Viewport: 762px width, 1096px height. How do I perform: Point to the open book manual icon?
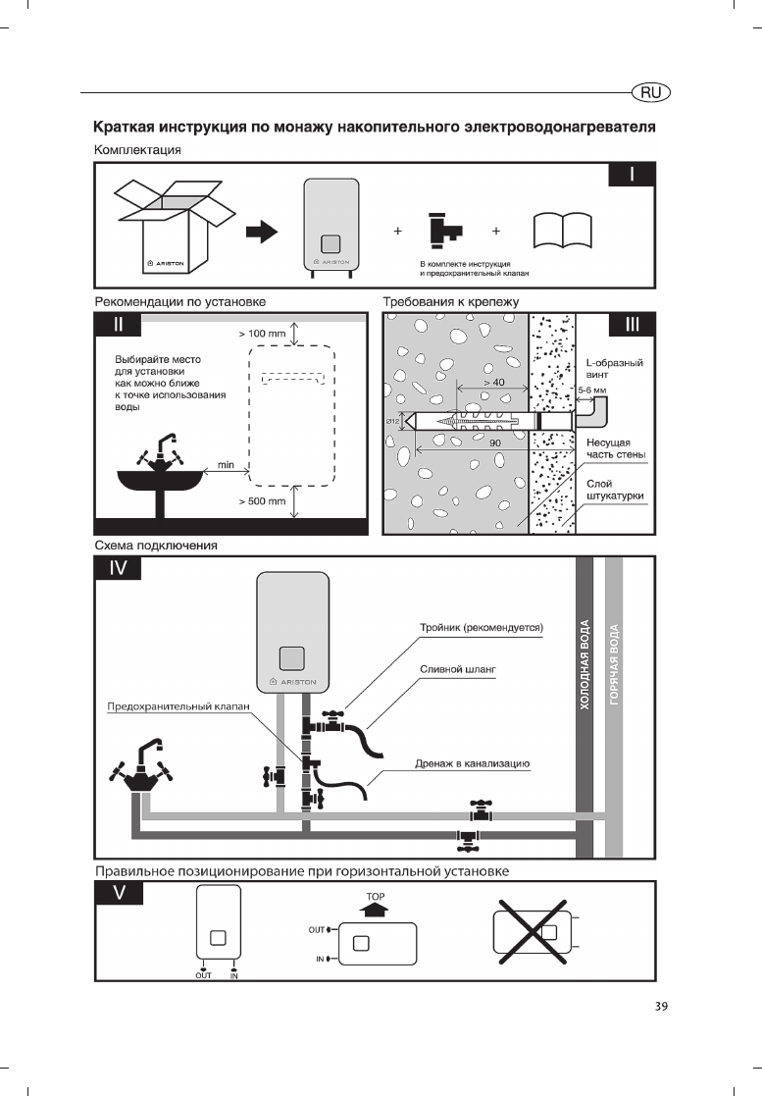[564, 233]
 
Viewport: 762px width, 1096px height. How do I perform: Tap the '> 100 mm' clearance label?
[262, 334]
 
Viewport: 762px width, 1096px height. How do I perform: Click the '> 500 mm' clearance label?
[262, 501]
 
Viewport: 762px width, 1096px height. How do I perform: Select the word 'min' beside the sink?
[225, 464]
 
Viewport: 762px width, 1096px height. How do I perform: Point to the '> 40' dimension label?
[493, 381]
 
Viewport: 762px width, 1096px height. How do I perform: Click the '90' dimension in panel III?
[496, 443]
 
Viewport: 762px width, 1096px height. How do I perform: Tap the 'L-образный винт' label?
[614, 369]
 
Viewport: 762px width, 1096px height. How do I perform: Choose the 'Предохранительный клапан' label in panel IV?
[178, 705]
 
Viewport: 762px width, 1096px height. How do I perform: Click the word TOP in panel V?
[376, 897]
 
